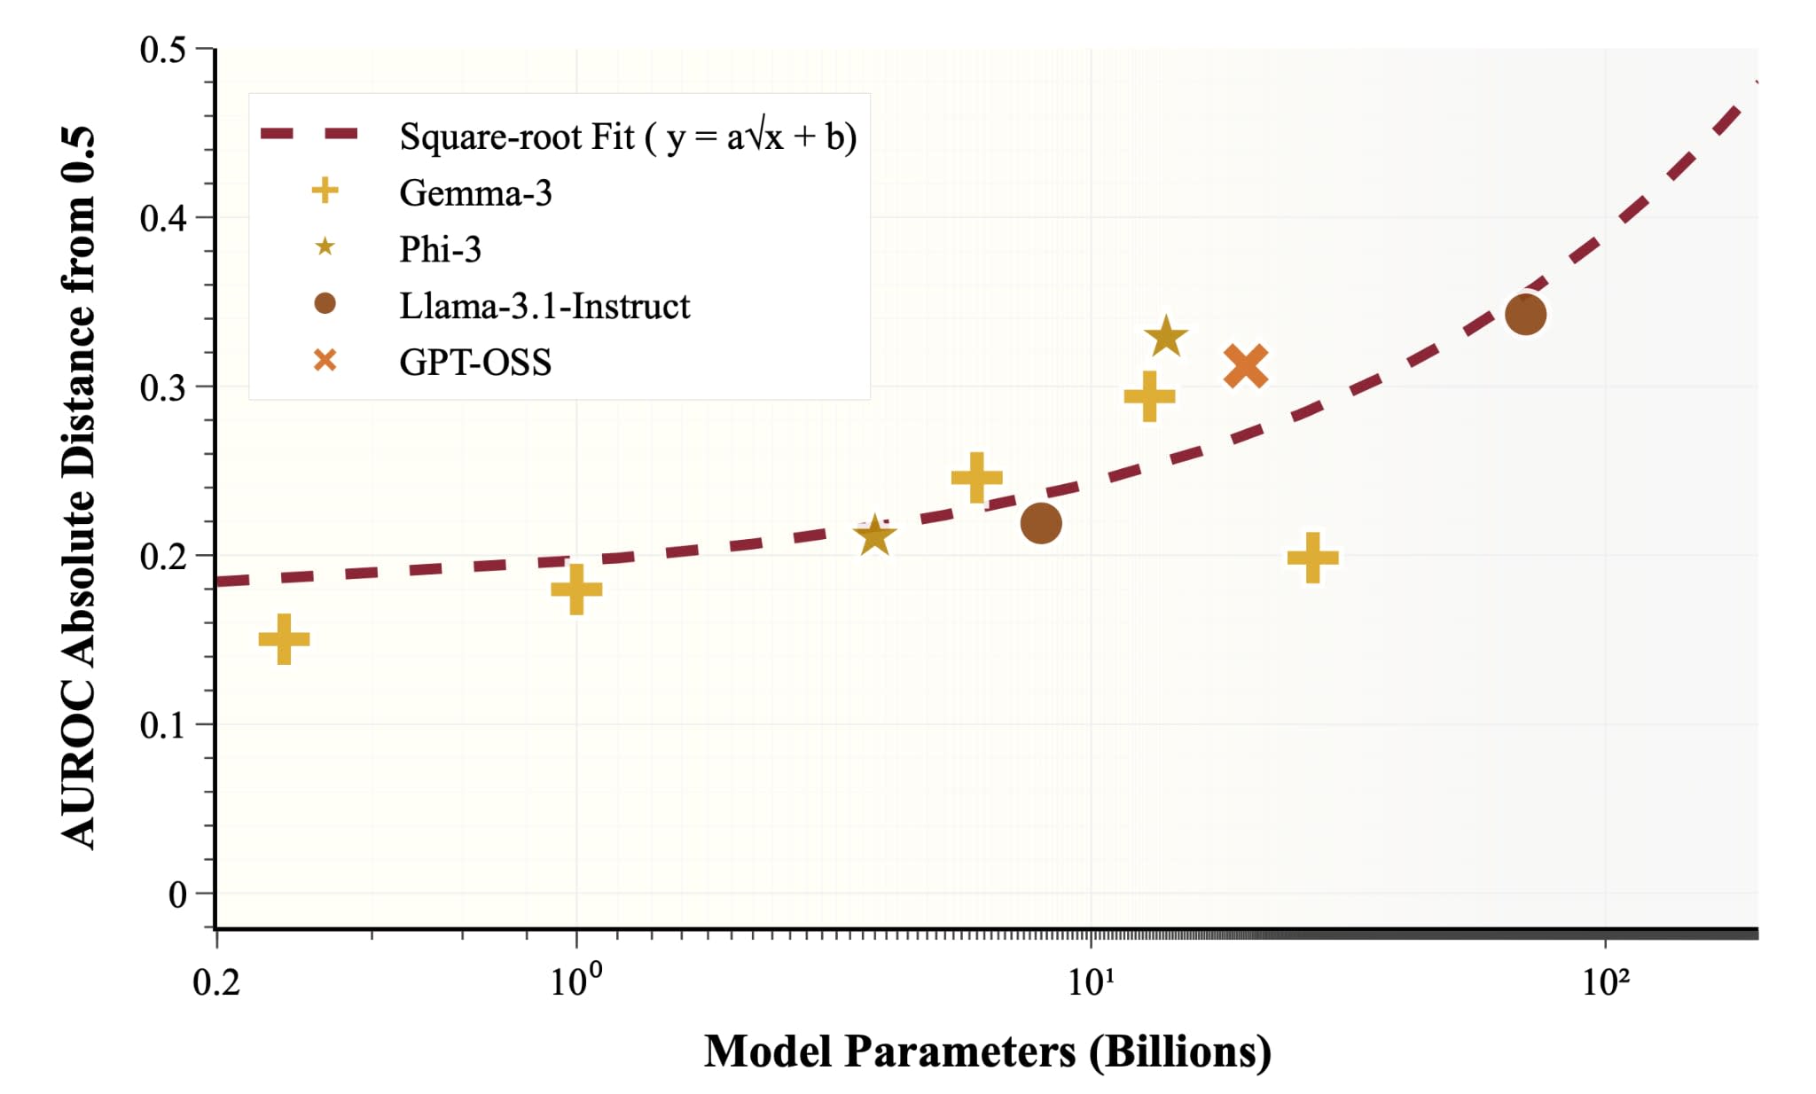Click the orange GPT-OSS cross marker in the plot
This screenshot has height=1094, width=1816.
tap(1246, 366)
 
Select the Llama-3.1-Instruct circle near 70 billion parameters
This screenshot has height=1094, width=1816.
tap(1525, 315)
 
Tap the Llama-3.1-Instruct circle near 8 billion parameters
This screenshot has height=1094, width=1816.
tap(1041, 523)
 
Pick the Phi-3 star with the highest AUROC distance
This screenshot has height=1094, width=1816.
tap(1165, 337)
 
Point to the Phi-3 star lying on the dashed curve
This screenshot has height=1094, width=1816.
tap(874, 535)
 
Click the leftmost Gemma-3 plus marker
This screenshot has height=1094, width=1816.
tap(284, 639)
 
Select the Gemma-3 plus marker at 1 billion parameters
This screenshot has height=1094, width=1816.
tap(576, 589)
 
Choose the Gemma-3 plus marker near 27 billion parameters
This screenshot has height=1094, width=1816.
tap(1312, 558)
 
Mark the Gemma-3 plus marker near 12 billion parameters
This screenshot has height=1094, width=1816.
tap(1149, 396)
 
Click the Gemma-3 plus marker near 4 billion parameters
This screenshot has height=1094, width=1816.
tap(976, 477)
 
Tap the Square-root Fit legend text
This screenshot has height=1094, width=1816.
tap(628, 137)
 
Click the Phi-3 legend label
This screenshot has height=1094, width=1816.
tap(440, 249)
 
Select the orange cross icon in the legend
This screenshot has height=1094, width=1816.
tap(325, 361)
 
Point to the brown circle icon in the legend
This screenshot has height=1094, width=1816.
tap(325, 304)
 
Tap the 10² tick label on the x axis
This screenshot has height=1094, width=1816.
tap(1605, 982)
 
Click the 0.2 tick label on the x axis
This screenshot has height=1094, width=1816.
tap(216, 982)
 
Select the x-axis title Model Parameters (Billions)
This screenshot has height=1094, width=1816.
tap(987, 1051)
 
